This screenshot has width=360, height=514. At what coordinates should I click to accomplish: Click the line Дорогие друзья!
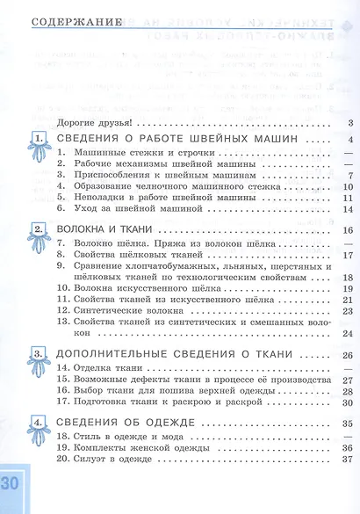coord(92,123)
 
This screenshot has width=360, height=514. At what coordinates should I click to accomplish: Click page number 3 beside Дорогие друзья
coord(349,123)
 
